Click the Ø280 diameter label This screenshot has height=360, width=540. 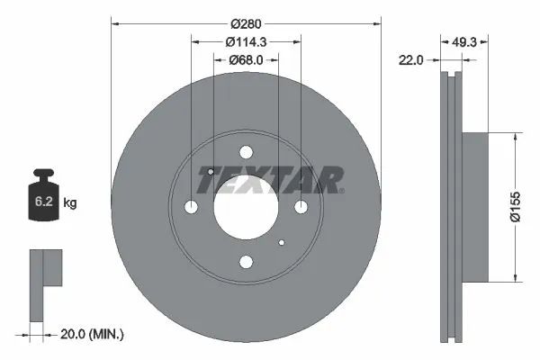click(246, 22)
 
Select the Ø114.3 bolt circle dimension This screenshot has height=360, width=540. click(246, 41)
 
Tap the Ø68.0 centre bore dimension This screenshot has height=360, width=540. click(246, 59)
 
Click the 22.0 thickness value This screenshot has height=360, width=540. click(413, 59)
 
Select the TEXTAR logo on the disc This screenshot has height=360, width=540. click(270, 179)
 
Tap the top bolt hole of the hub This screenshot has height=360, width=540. click(246, 153)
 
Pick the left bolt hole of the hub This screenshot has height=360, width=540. click(192, 208)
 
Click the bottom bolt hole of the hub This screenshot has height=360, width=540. click(246, 262)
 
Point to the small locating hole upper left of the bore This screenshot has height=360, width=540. click(210, 172)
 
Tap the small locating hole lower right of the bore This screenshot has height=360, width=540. click(282, 243)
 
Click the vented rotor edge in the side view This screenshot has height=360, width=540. click(454, 207)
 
